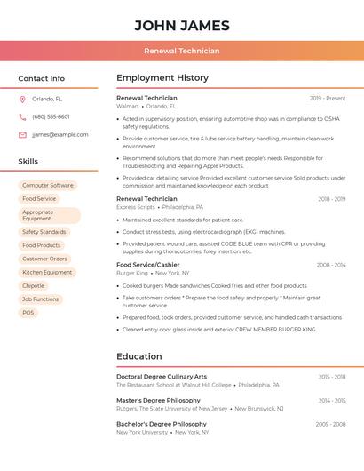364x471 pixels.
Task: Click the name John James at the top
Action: (182, 26)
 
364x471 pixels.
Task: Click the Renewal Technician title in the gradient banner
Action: (182, 51)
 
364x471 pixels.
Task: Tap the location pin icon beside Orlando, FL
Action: (22, 99)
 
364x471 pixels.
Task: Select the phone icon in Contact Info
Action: (22, 116)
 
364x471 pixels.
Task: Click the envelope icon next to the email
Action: (22, 135)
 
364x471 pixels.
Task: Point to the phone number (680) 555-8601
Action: (51, 116)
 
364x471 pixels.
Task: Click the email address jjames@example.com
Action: (59, 135)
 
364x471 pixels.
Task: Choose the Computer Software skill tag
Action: (48, 186)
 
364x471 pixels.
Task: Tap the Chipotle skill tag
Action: (33, 286)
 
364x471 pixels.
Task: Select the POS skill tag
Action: (28, 313)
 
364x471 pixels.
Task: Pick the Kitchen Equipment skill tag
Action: (47, 273)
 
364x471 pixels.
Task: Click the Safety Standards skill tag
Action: (44, 232)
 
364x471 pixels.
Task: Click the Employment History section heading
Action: (162, 78)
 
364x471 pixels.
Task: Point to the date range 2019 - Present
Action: (328, 98)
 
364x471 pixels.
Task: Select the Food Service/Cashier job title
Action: (147, 265)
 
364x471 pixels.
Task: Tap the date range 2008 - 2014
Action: (331, 265)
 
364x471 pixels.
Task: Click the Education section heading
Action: (139, 356)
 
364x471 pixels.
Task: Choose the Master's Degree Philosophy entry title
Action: (158, 401)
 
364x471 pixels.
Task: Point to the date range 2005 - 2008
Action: (330, 425)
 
